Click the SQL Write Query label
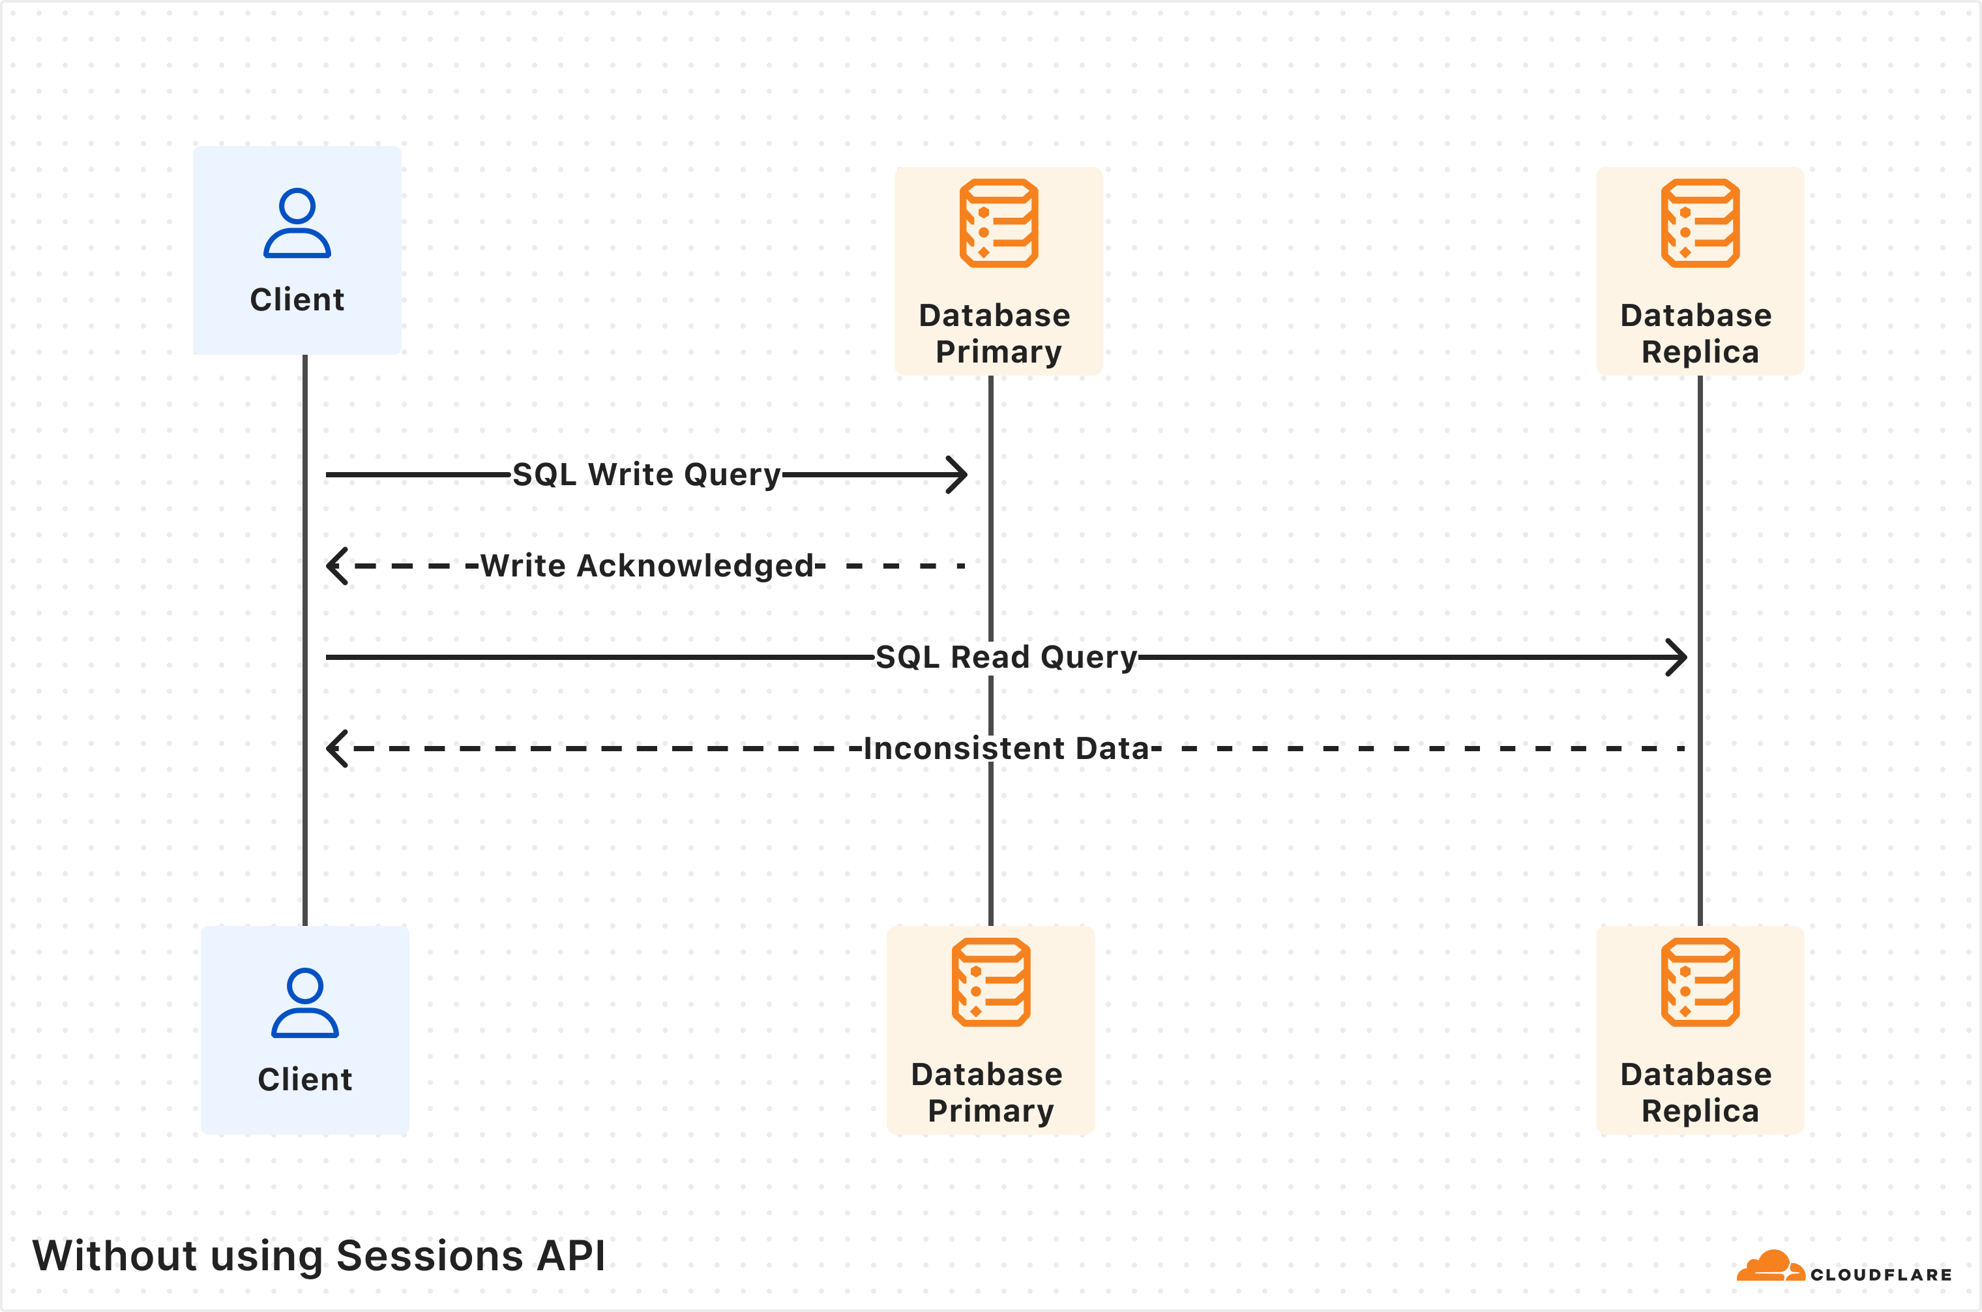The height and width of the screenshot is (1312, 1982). tap(646, 475)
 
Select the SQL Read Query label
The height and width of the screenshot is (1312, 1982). tap(1005, 657)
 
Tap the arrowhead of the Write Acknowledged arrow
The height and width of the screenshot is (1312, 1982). tap(336, 565)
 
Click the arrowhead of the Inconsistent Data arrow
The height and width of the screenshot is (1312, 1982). tap(336, 748)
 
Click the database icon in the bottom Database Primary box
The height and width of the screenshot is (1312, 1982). tap(990, 982)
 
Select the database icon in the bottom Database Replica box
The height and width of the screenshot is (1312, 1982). tap(1700, 982)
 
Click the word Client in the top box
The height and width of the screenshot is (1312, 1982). tap(297, 299)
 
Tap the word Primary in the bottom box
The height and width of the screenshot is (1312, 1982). tap(990, 1111)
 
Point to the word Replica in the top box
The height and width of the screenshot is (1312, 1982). tap(1700, 351)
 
